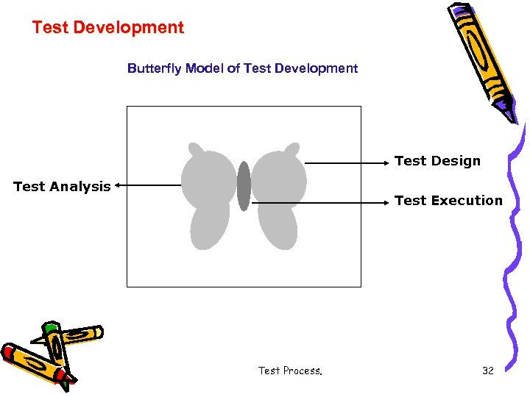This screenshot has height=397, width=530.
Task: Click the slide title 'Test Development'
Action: pos(107,28)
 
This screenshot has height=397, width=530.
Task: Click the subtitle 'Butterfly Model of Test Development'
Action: pos(242,68)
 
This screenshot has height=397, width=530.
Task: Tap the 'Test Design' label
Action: pos(437,161)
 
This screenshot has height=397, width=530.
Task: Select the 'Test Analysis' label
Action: pos(62,187)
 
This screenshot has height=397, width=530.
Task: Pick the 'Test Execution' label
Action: pos(448,201)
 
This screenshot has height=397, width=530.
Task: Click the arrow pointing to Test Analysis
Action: pos(147,186)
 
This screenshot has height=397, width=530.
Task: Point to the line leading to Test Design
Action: pos(346,162)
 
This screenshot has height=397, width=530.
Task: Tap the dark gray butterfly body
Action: pos(244,186)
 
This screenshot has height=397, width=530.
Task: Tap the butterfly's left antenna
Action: pos(195,149)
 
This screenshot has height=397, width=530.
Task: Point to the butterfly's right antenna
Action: pos(292,149)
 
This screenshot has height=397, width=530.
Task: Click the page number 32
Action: pos(487,371)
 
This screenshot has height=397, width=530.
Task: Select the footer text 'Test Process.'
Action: pos(290,371)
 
